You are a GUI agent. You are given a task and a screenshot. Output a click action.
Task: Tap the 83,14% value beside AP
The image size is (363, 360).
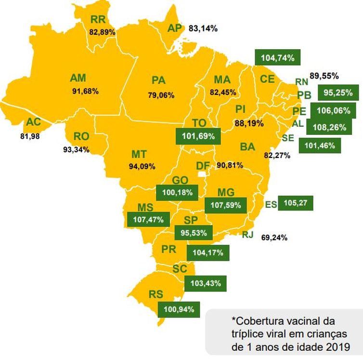(203, 28)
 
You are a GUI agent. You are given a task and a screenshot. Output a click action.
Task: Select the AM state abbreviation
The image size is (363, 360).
(78, 78)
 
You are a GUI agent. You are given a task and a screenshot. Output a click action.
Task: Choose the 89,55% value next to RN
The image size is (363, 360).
(324, 76)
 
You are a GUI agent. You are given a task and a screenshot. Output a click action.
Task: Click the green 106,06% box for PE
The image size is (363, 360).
(334, 110)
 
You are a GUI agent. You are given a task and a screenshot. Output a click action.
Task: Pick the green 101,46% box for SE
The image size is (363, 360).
(320, 145)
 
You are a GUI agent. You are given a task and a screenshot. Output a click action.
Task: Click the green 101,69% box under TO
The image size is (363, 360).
(198, 136)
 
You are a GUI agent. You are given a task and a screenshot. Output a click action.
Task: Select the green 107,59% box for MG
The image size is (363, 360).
(226, 205)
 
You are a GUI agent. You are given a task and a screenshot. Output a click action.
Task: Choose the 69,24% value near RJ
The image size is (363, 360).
(274, 237)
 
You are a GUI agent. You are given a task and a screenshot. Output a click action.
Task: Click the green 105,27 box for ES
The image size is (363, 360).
(296, 203)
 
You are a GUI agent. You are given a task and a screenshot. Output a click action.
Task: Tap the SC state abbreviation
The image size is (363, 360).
(179, 268)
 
